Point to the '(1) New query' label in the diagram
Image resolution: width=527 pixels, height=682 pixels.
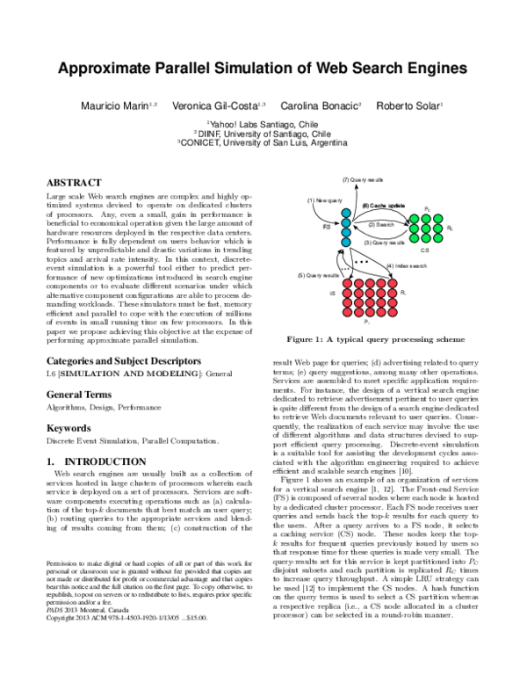(323, 200)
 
